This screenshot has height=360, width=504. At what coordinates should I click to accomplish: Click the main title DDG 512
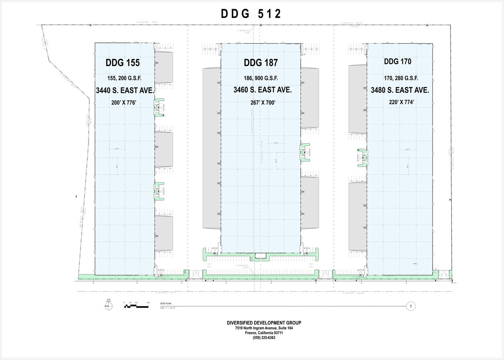pos(251,14)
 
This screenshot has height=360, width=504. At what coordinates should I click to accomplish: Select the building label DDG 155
pos(123,63)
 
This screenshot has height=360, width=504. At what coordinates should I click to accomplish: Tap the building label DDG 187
pos(260,63)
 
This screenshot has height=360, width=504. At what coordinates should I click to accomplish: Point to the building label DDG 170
pos(397,62)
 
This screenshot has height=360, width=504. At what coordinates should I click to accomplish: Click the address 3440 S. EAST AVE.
pos(125,91)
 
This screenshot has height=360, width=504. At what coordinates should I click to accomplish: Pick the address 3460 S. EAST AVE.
pos(262,90)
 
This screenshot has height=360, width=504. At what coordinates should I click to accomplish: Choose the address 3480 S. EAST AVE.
pos(400,90)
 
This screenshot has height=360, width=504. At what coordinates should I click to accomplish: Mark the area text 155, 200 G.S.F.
pos(124,78)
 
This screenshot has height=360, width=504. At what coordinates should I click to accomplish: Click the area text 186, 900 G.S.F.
pos(261,78)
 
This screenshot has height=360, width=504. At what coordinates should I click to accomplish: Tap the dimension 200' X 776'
pos(124,102)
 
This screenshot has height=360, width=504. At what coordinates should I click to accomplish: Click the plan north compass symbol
pos(108,306)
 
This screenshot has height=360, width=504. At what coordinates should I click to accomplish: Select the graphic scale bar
pos(137,306)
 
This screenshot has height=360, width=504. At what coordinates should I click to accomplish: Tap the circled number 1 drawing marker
pos(410,306)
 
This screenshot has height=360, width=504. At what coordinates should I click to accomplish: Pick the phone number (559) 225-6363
pos(264,338)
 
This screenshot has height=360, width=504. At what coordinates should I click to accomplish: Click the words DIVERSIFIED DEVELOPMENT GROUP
pos(264,323)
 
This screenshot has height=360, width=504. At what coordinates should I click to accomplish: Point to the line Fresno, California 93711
pos(264,333)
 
